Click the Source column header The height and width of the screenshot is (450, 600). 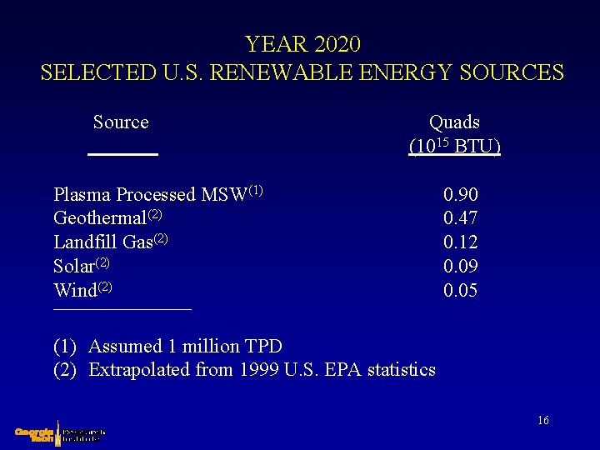click(x=121, y=122)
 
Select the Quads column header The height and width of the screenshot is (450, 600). click(x=454, y=122)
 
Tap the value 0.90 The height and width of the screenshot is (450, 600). click(x=461, y=195)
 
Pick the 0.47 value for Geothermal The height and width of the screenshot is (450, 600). click(x=461, y=219)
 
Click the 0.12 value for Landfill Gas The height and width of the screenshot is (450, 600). click(x=461, y=242)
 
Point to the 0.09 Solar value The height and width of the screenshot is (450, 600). click(x=461, y=267)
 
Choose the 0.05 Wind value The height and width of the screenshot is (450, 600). click(x=461, y=291)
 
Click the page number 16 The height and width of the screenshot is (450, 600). click(x=542, y=421)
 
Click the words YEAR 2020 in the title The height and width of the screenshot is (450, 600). click(x=302, y=43)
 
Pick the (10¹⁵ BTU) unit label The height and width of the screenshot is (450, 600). click(x=455, y=146)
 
